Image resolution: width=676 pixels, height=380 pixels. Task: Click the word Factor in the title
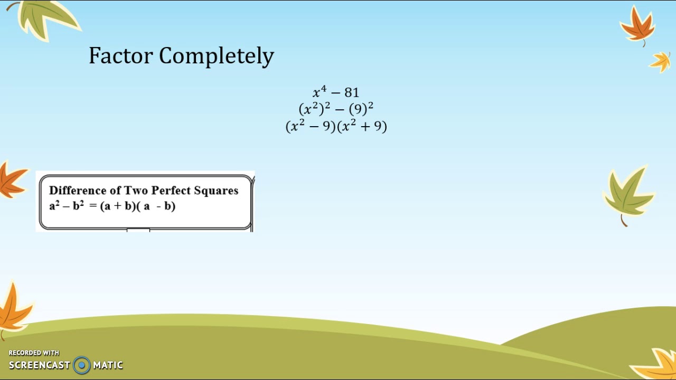pos(120,56)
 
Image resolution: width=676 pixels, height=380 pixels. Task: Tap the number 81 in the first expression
pos(352,93)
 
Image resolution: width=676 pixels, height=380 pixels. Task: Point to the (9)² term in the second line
pos(361,109)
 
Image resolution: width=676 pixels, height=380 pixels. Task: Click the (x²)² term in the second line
pos(314,109)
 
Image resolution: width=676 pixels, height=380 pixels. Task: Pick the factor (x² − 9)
pos(311,127)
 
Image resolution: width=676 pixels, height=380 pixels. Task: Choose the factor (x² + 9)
pos(362,127)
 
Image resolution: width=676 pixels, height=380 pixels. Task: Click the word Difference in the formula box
pos(77,191)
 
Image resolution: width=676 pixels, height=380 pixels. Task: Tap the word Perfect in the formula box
pos(171,191)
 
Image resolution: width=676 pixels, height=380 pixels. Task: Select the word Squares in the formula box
pos(216,191)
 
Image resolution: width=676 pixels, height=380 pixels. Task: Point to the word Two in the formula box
pos(136,191)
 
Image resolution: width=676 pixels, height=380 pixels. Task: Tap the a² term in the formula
pos(54,205)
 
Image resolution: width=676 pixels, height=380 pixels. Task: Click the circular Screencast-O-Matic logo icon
pos(82,365)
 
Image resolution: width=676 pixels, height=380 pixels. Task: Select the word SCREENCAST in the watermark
pos(39,365)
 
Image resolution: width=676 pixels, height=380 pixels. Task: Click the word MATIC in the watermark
pos(108,365)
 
